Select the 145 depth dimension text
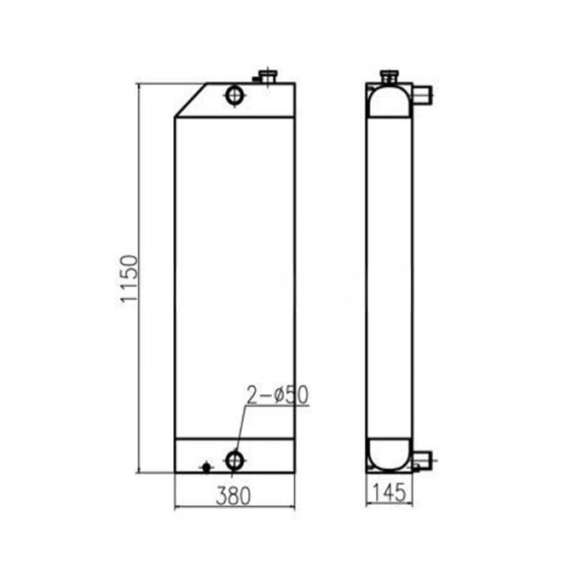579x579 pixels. tap(389, 494)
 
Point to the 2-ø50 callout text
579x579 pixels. tap(276, 395)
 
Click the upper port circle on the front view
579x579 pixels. tap(235, 96)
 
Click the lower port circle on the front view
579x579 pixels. tap(235, 458)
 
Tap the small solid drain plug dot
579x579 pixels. tap(206, 467)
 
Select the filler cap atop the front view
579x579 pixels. tap(267, 78)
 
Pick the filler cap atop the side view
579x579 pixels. tap(389, 77)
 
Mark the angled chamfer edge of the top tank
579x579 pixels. tap(191, 100)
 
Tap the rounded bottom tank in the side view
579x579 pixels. tap(389, 453)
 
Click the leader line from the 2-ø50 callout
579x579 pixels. tap(241, 426)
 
